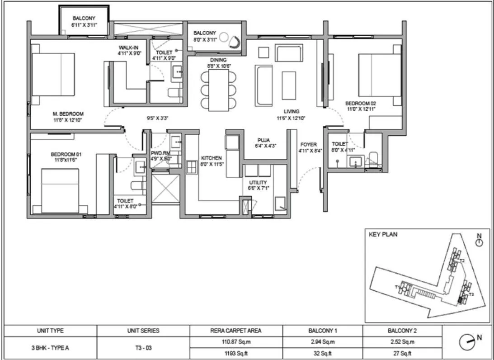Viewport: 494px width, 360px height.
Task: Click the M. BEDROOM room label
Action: click(68, 114)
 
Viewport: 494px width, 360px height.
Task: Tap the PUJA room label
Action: click(264, 140)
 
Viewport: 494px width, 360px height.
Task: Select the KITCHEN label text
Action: click(211, 158)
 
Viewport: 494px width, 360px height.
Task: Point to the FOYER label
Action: click(309, 145)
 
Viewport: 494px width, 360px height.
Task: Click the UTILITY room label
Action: click(258, 182)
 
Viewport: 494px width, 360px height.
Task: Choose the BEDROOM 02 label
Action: click(361, 103)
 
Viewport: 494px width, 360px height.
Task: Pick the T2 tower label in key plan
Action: click(462, 261)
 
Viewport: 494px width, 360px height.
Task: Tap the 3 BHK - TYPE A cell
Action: click(50, 348)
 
